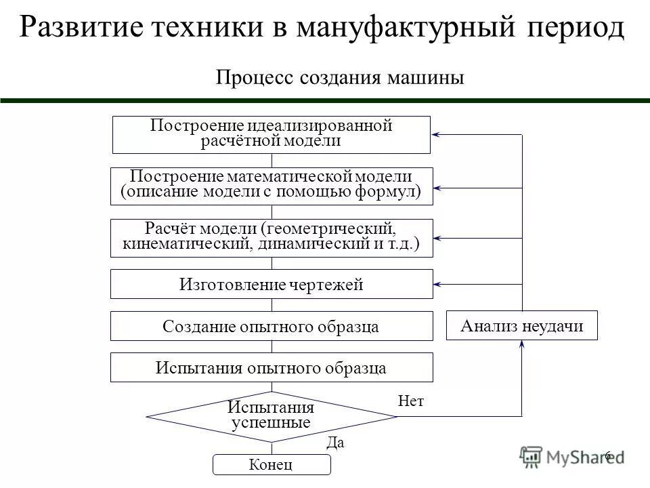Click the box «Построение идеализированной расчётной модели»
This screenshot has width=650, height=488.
click(x=271, y=134)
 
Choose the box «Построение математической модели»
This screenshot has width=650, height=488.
click(x=271, y=186)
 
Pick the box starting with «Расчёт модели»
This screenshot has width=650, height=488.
click(x=271, y=237)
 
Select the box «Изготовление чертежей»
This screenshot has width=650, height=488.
click(x=271, y=284)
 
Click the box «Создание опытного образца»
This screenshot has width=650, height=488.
click(x=271, y=326)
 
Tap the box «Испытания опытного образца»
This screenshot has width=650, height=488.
click(x=271, y=367)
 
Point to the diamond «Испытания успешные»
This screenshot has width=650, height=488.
click(x=271, y=415)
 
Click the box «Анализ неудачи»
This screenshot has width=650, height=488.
click(x=522, y=326)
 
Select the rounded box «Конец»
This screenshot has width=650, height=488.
click(x=272, y=464)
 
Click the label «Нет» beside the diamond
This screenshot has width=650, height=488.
click(x=412, y=401)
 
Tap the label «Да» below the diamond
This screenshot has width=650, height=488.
click(x=336, y=443)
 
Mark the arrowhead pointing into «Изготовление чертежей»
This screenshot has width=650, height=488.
click(x=437, y=283)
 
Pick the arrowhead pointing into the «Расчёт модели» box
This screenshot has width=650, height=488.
click(x=437, y=238)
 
